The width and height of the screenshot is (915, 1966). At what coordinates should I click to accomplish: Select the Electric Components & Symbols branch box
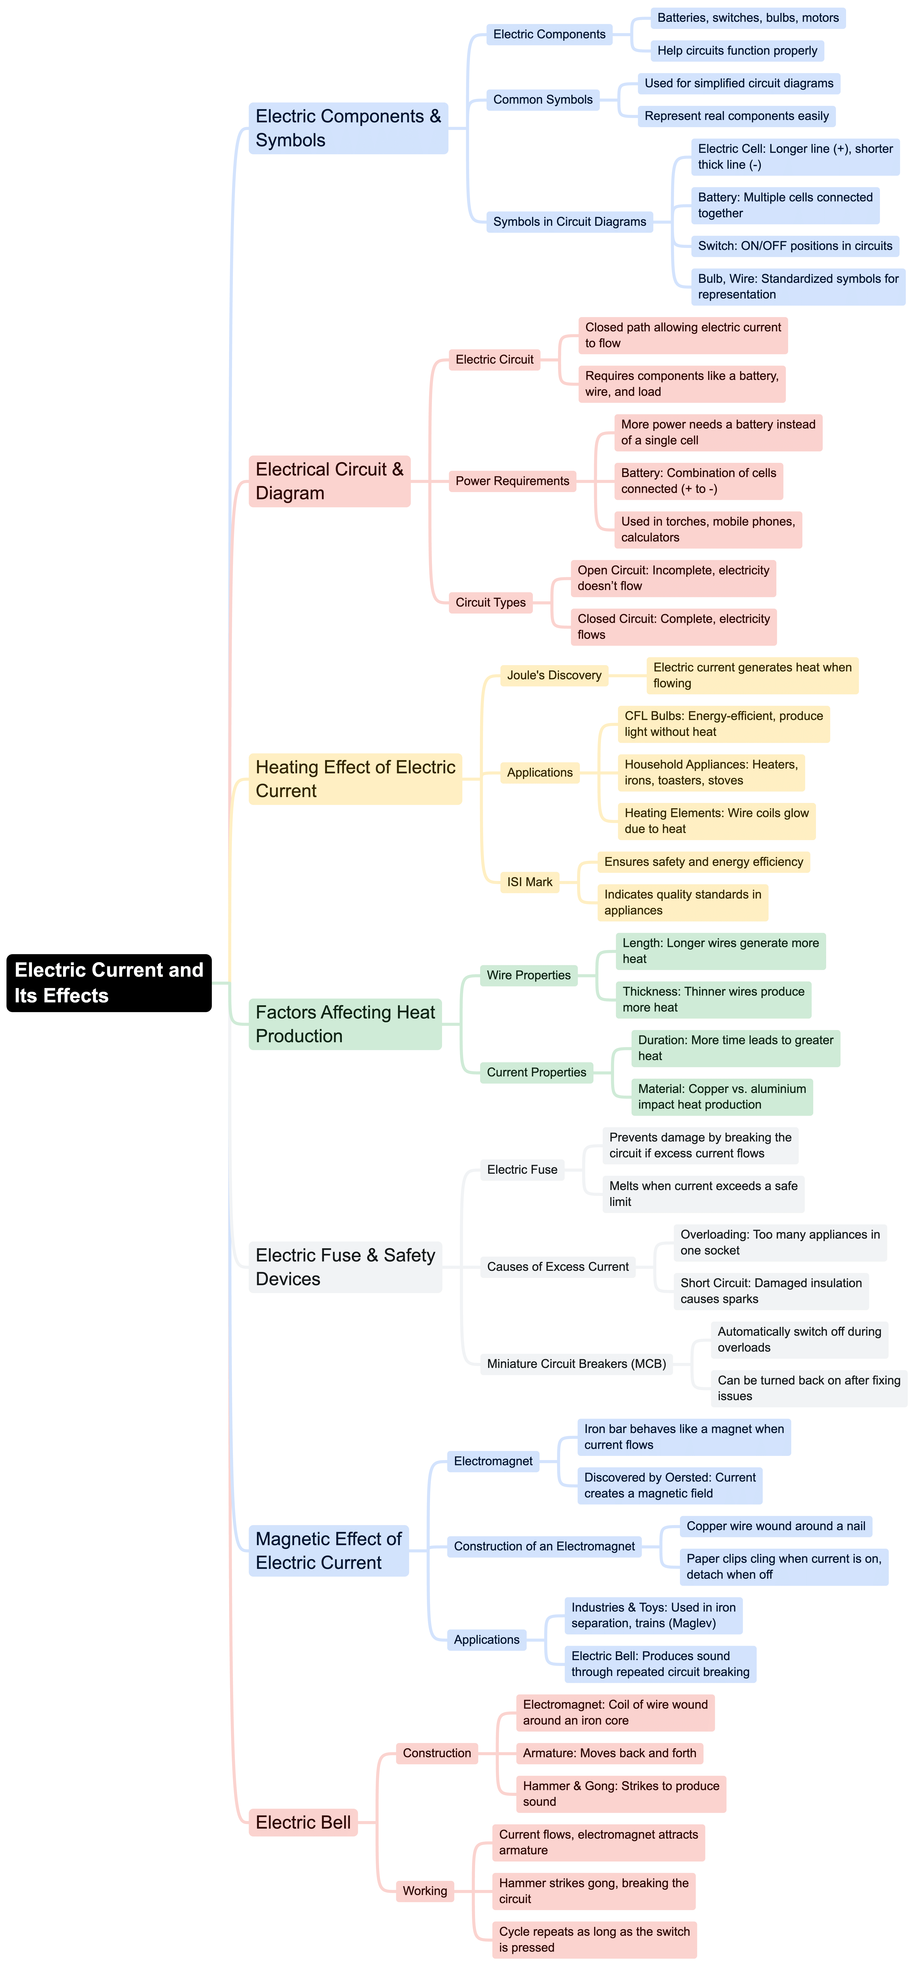[348, 128]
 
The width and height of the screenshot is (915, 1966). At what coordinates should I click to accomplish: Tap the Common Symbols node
[543, 99]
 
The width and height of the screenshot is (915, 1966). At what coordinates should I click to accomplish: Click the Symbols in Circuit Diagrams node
[569, 221]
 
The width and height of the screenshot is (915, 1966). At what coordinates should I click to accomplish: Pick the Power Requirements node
[512, 481]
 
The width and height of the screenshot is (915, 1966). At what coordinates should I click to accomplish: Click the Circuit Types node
[491, 602]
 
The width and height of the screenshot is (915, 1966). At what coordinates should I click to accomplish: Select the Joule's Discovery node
[554, 675]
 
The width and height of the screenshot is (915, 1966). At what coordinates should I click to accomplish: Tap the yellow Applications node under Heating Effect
[539, 772]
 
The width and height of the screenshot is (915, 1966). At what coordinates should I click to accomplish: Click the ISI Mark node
[530, 882]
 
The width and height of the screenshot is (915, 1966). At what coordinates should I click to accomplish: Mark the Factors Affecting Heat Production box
[345, 1024]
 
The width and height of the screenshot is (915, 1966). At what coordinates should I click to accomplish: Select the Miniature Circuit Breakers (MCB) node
[576, 1364]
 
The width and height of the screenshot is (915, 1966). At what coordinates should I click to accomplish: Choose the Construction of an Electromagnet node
[544, 1546]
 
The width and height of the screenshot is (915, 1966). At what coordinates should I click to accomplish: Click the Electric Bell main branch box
[303, 1823]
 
